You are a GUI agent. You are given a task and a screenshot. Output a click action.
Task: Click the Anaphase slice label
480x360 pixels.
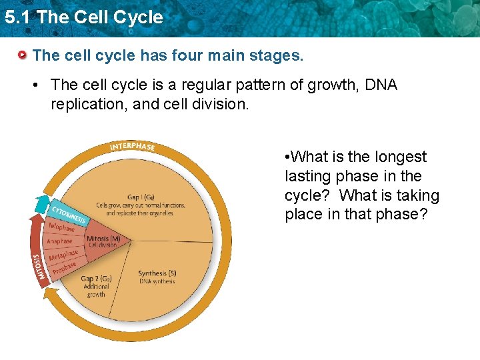click(x=59, y=241)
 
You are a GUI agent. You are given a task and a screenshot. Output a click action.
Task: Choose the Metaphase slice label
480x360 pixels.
click(x=63, y=255)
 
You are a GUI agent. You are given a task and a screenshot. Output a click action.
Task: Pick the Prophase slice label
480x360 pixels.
click(x=66, y=268)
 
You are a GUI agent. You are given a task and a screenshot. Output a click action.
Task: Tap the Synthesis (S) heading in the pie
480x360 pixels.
click(x=157, y=273)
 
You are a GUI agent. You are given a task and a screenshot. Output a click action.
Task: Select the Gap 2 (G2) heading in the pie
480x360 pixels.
click(x=96, y=279)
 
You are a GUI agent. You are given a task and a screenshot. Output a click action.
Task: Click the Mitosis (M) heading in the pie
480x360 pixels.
click(x=103, y=237)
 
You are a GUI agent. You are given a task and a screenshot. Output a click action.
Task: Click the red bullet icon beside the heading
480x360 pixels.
click(x=23, y=55)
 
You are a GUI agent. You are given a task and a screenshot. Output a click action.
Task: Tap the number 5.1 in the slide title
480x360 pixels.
click(x=18, y=17)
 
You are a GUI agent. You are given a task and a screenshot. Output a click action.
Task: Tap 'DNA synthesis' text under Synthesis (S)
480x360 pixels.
click(x=157, y=281)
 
